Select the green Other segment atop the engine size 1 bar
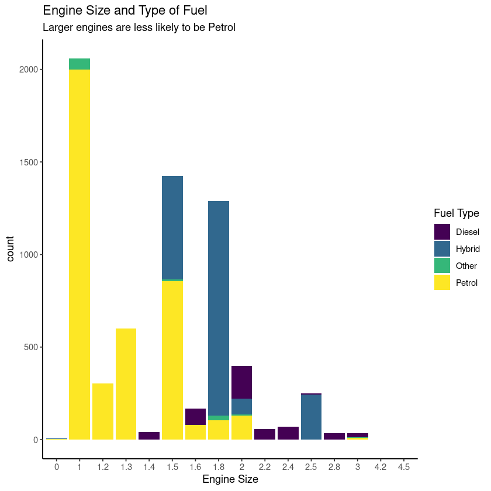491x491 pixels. pyautogui.click(x=79, y=64)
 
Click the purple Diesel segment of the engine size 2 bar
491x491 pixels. pyautogui.click(x=241, y=382)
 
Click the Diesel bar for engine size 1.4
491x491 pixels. pyautogui.click(x=149, y=436)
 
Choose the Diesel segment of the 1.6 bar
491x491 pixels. pyautogui.click(x=195, y=417)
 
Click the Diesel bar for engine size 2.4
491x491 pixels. pyautogui.click(x=288, y=433)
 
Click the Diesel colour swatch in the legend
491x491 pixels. pyautogui.click(x=442, y=231)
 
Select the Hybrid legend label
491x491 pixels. pyautogui.click(x=468, y=249)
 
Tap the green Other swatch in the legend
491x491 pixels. pyautogui.click(x=442, y=266)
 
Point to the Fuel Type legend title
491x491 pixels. pyautogui.click(x=457, y=213)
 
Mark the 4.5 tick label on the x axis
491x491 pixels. pyautogui.click(x=403, y=467)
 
